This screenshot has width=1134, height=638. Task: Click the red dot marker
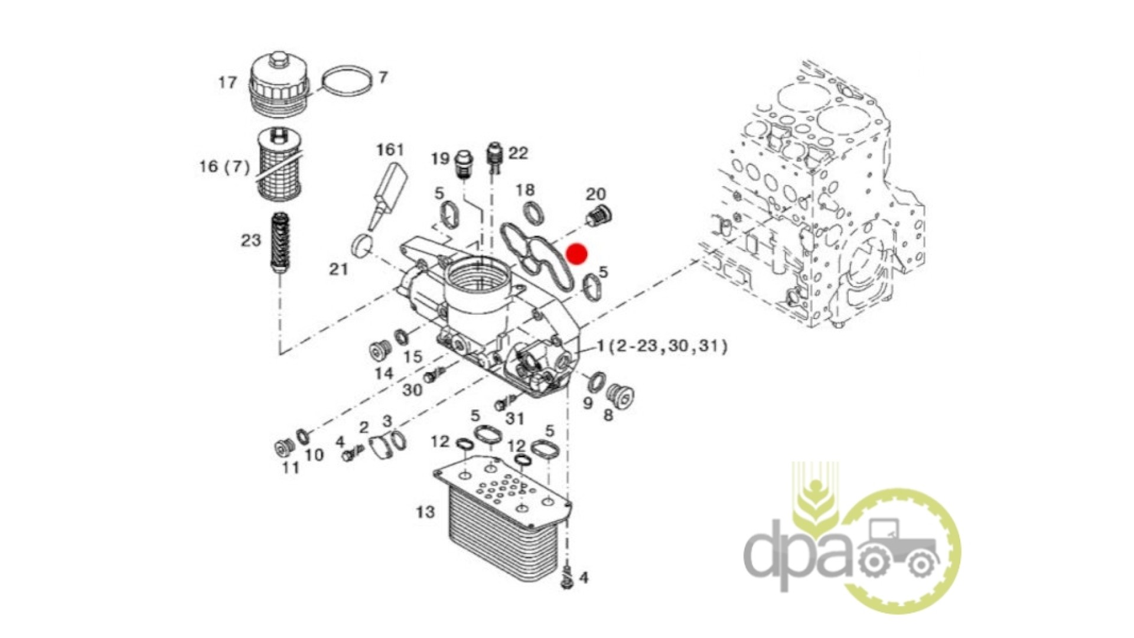click(x=576, y=254)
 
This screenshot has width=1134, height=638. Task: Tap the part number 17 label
click(x=228, y=82)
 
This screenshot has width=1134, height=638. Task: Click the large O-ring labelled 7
click(x=347, y=80)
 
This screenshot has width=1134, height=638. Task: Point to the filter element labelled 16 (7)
click(x=279, y=165)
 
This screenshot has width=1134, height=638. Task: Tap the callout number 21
click(x=338, y=269)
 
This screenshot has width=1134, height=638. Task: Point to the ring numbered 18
click(x=534, y=213)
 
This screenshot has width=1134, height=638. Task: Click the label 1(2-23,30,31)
click(x=662, y=346)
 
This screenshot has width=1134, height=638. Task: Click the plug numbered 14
click(x=380, y=350)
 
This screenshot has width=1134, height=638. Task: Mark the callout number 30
click(x=413, y=390)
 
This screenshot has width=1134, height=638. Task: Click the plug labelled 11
click(x=285, y=448)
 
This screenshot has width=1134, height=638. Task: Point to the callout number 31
click(x=515, y=419)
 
